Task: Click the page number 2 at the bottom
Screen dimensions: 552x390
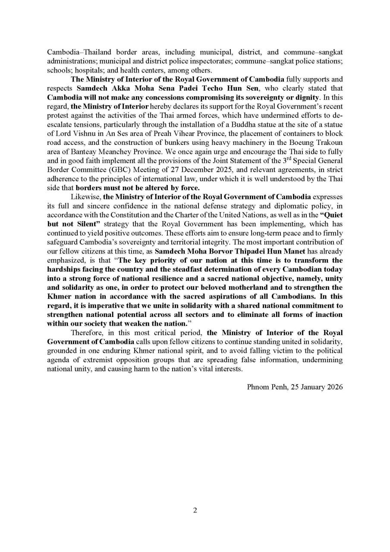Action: click(195, 510)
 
